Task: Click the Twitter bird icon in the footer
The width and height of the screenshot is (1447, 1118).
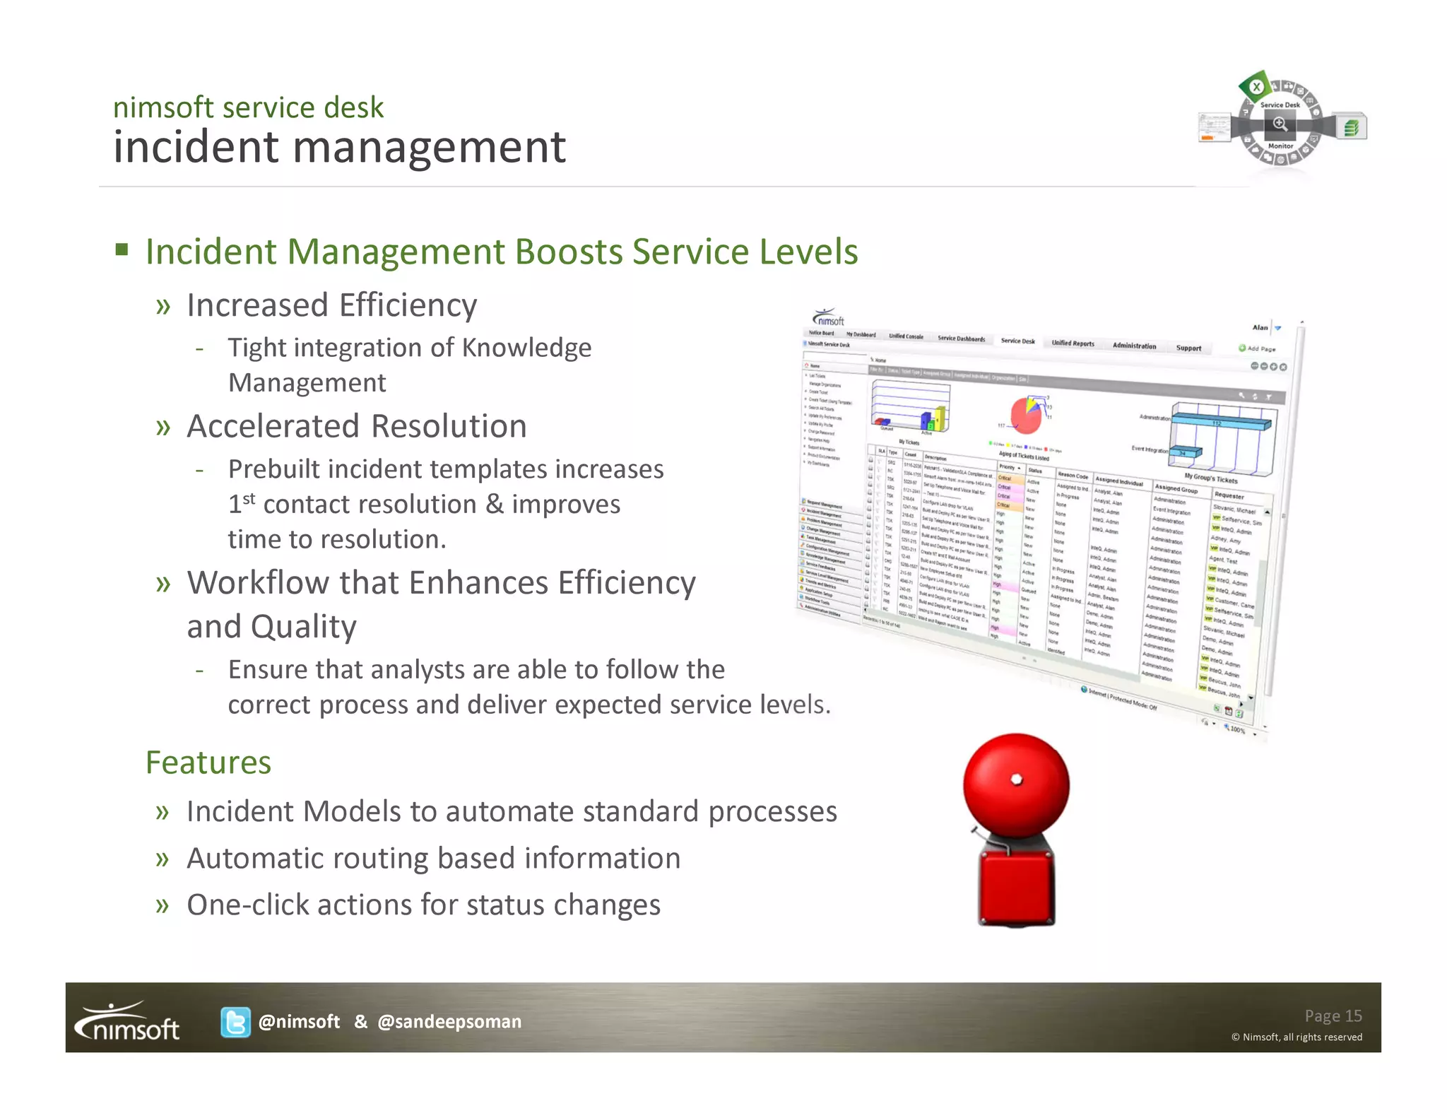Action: click(x=235, y=1022)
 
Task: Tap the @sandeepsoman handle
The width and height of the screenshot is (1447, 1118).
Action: click(x=449, y=1022)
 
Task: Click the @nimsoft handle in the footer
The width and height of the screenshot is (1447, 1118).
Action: click(x=299, y=1022)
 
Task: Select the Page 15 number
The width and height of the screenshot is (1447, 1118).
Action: click(x=1333, y=1016)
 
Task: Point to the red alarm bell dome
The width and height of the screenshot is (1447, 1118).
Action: click(x=1016, y=784)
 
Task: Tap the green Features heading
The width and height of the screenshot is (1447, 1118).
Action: click(x=208, y=763)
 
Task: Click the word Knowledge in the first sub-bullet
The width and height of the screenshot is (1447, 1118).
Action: click(x=526, y=348)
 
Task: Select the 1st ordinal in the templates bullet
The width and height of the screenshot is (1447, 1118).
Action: click(x=241, y=503)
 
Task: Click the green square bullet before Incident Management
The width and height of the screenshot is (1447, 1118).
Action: click(x=122, y=249)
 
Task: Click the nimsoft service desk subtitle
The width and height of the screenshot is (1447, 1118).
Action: click(x=248, y=107)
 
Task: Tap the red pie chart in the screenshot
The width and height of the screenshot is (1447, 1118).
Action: click(x=1025, y=415)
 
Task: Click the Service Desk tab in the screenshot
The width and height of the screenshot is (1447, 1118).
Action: click(x=1017, y=341)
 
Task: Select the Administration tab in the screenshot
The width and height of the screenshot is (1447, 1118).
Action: click(x=1134, y=346)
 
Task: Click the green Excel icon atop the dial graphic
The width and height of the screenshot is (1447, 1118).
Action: click(x=1256, y=88)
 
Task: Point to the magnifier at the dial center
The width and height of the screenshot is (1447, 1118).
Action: click(x=1280, y=124)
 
